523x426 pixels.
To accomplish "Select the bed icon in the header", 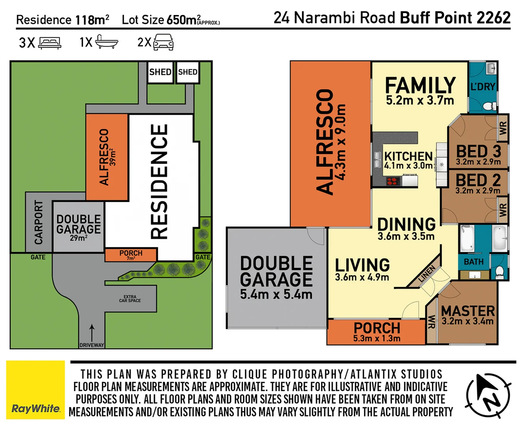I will click(x=50, y=43).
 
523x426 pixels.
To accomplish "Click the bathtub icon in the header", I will click(x=107, y=42).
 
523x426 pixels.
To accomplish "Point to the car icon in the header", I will click(x=163, y=42).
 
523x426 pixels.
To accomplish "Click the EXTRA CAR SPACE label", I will click(x=130, y=299).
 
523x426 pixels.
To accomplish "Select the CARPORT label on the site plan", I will click(x=38, y=222).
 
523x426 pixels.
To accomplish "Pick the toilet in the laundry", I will click(x=491, y=106).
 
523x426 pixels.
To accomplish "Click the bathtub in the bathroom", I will click(x=467, y=238).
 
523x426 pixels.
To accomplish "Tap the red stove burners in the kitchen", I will click(x=392, y=181).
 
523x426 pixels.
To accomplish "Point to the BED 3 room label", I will click(x=478, y=151).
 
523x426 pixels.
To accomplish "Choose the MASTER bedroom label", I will click(x=468, y=311).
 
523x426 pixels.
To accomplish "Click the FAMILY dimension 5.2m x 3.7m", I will click(x=420, y=101).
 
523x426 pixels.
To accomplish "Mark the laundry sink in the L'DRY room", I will click(x=491, y=69).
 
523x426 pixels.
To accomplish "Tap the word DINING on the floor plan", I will click(x=406, y=224).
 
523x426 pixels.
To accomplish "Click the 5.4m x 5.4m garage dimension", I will click(x=276, y=294).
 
